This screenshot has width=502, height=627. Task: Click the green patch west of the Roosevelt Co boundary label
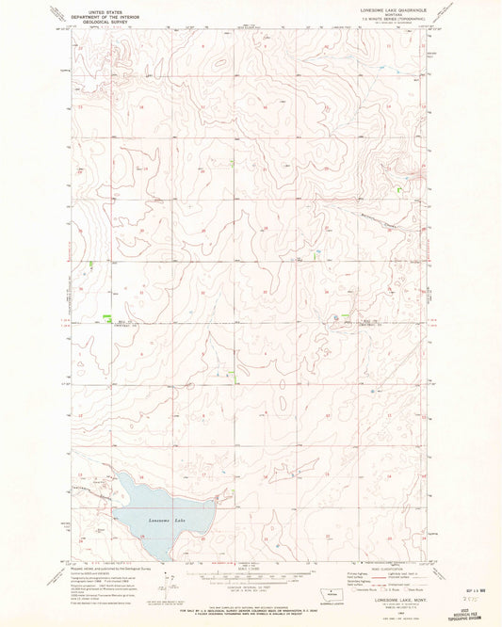[107, 317]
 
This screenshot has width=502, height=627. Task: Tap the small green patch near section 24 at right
[401, 188]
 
